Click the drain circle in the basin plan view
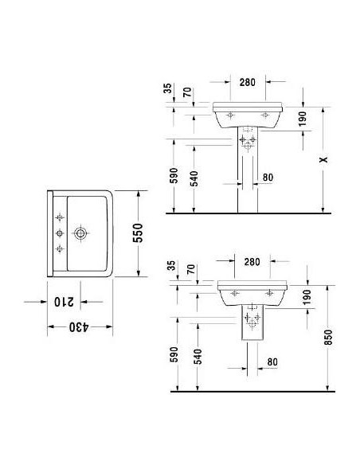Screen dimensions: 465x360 80,234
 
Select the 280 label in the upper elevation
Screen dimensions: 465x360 246,81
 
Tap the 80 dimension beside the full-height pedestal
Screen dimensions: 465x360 267,178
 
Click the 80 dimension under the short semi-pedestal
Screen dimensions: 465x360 272,362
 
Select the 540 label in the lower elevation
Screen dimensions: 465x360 197,354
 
